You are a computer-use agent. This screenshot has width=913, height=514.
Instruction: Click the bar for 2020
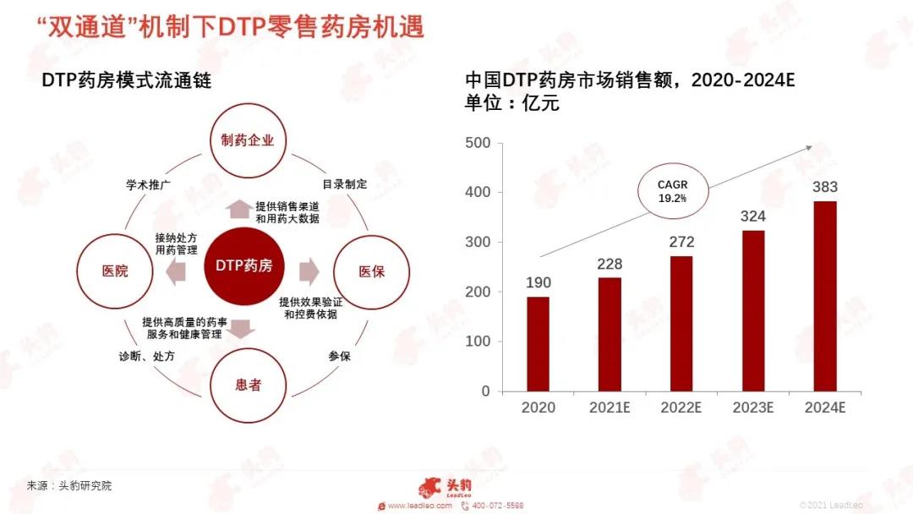click(x=538, y=344)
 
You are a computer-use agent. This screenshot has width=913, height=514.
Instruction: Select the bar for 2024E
click(x=825, y=296)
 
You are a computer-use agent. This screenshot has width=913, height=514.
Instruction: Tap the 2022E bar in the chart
click(x=681, y=324)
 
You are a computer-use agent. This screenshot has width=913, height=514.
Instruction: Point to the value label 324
click(x=752, y=216)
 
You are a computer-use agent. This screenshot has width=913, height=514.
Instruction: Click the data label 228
click(x=609, y=264)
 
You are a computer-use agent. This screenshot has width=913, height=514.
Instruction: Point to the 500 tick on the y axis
click(x=478, y=143)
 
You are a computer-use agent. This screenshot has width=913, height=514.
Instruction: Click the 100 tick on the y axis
click(x=478, y=342)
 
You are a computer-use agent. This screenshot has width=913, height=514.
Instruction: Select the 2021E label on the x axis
click(x=610, y=408)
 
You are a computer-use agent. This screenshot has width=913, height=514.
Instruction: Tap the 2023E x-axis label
click(x=752, y=408)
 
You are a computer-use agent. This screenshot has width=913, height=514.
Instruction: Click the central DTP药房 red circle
click(x=243, y=266)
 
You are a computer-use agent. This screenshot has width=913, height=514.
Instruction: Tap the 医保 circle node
click(x=372, y=271)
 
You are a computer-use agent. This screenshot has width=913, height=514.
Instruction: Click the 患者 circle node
click(x=248, y=385)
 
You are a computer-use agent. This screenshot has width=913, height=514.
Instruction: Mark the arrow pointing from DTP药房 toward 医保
click(x=309, y=271)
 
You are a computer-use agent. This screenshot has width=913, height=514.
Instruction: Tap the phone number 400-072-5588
click(x=500, y=506)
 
